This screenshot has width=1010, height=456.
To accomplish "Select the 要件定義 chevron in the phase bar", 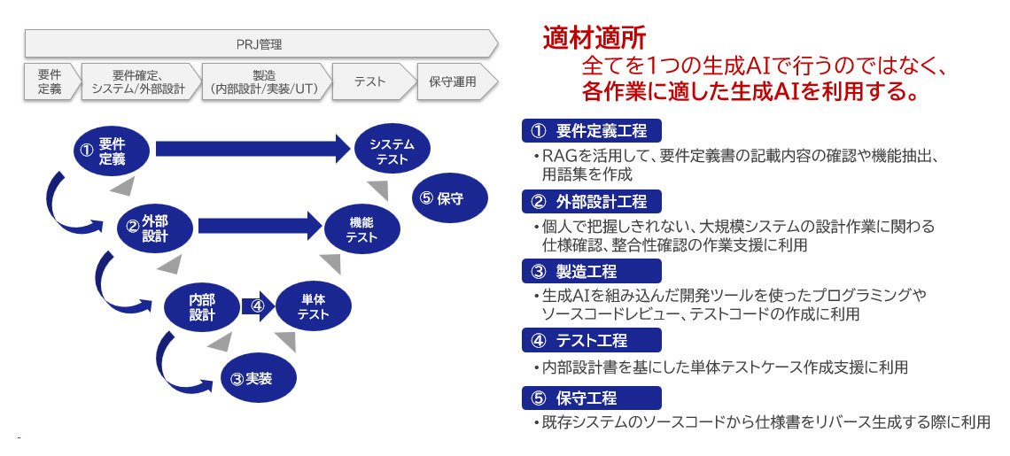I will pos(50,81).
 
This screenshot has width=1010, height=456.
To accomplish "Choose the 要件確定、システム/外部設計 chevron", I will pos(140,81).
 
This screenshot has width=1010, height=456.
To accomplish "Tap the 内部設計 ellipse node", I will pos(202,306).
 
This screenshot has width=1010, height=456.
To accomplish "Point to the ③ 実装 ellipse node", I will pos(257,379).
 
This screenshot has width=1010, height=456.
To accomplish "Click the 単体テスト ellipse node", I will pos(313,306).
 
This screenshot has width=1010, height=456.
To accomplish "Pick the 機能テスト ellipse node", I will pos(361,229).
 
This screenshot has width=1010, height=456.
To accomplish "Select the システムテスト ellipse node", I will pos(392,151).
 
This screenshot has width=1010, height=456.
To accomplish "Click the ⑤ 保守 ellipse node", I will pos(449,198).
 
